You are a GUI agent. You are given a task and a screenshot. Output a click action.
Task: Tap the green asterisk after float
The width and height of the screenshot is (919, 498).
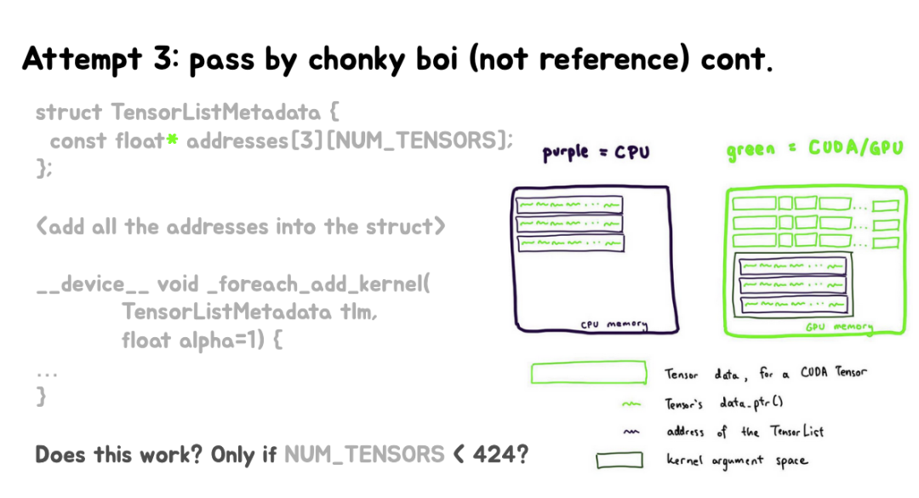coord(171,141)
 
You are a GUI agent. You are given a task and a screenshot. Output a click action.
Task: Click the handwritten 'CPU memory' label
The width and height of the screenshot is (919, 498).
coord(614,324)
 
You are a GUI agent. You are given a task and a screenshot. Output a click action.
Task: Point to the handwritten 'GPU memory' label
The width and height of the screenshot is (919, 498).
coord(840,326)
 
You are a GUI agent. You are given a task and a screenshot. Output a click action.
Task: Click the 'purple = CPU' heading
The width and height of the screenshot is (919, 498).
coord(596,153)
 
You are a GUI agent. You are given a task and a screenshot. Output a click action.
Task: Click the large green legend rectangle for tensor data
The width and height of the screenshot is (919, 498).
coord(587,375)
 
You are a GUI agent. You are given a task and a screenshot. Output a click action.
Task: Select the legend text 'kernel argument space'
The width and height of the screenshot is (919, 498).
coord(736,461)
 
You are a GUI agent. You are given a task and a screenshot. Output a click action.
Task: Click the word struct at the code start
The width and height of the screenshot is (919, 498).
coord(71,112)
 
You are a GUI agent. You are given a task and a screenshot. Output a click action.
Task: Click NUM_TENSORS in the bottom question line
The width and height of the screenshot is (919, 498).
coord(364,454)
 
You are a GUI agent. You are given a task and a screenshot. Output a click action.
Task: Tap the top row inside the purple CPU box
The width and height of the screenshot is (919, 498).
coord(569,205)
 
